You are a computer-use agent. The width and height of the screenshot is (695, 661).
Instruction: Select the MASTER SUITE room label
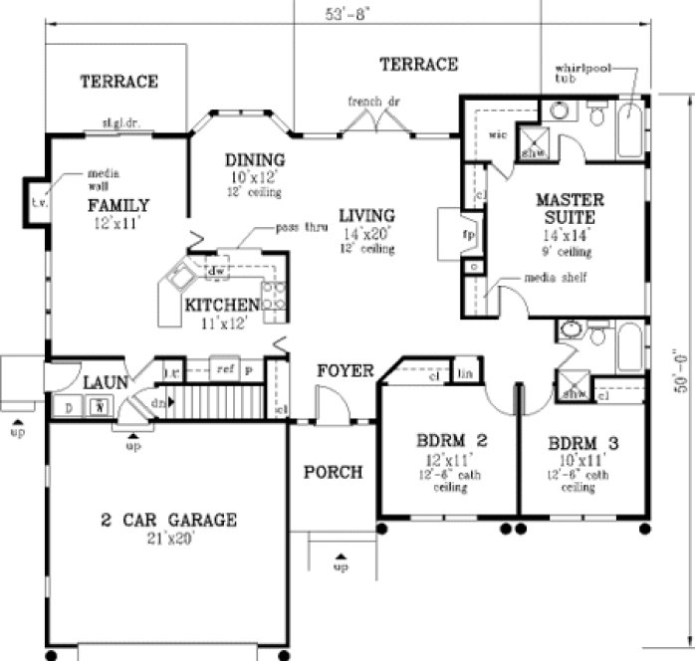click(564, 206)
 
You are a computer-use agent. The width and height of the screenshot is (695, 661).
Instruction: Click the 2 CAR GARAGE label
click(168, 520)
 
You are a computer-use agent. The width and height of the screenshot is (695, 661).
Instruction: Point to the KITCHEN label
click(222, 305)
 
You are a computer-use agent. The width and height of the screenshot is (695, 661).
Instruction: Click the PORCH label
click(333, 472)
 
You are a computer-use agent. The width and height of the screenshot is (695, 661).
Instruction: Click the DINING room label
click(254, 160)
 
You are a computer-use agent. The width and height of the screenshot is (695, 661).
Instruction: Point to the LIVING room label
click(365, 215)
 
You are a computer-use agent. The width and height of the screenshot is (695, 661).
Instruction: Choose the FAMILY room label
click(117, 205)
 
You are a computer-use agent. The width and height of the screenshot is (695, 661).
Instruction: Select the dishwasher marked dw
click(215, 270)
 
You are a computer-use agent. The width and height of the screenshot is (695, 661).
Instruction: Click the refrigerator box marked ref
click(225, 368)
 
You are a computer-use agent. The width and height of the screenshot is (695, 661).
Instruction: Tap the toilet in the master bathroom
click(596, 117)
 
